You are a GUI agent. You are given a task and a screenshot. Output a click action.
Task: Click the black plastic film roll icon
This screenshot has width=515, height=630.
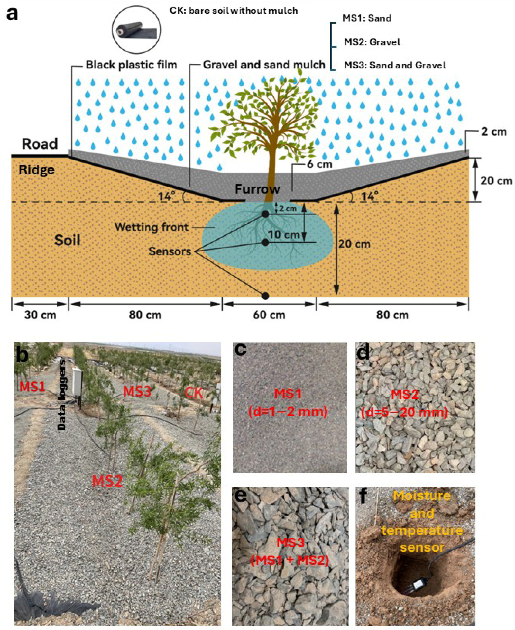coord(136,30)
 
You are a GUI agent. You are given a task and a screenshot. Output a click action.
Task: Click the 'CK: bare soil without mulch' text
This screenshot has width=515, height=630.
coord(234,11)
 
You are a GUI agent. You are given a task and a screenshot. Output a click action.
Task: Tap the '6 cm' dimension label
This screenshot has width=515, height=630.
coord(319,164)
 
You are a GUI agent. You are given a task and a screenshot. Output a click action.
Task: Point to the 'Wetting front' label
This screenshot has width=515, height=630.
coord(152,227)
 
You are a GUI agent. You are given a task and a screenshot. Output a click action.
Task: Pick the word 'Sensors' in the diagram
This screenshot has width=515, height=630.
coord(170,251)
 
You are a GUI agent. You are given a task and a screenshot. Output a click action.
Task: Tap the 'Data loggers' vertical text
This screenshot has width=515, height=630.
coord(62,395)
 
